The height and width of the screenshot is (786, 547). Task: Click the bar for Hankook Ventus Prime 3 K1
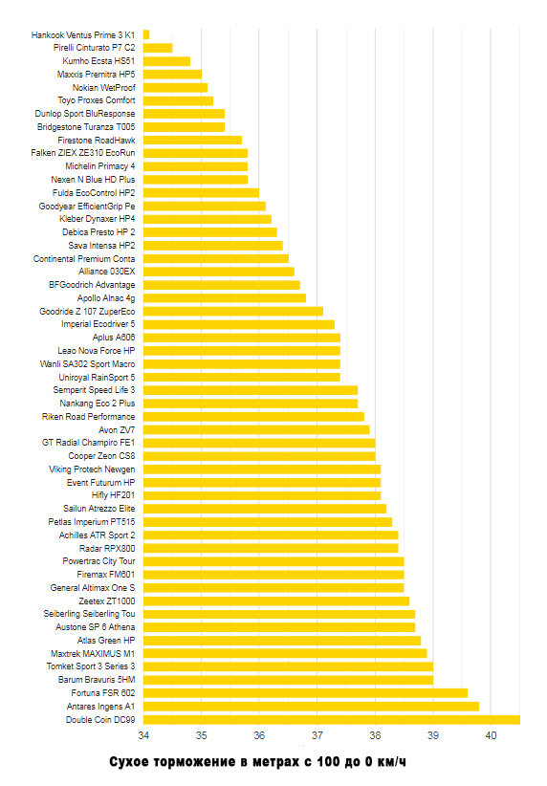[146, 34]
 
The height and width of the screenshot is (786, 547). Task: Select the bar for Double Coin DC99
[332, 720]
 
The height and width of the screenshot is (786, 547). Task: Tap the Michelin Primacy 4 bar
[195, 166]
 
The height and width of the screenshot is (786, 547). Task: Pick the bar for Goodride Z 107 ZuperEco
[233, 312]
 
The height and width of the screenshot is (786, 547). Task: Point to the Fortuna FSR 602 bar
[305, 693]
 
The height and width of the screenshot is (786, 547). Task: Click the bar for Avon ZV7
[256, 429]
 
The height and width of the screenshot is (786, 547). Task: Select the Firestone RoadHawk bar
[192, 140]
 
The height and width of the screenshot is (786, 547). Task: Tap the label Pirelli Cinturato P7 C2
[95, 48]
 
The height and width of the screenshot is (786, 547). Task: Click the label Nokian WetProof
[104, 87]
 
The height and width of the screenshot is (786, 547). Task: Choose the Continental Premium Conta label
[84, 259]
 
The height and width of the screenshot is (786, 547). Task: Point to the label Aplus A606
[114, 338]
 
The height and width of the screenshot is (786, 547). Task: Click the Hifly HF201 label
[113, 495]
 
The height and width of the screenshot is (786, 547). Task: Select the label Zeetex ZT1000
[107, 601]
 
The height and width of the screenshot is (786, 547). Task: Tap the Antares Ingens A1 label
[100, 707]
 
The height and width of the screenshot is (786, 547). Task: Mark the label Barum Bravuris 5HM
[97, 680]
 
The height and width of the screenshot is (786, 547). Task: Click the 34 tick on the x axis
[143, 735]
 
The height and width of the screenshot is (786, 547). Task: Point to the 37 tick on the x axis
[317, 735]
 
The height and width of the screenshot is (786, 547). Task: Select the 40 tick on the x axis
[491, 735]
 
